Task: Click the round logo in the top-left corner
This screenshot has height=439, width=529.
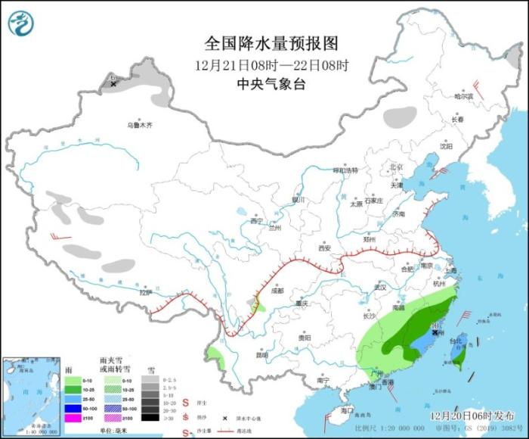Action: point(22,23)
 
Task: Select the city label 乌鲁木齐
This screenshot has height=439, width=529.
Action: point(140,124)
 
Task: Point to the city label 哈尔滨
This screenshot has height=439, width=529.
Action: point(462,97)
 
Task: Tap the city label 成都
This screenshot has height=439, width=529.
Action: point(276,291)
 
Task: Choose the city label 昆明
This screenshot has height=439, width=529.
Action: point(261,353)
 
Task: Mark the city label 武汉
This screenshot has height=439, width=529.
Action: point(379,288)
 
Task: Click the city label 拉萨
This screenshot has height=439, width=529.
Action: point(146,291)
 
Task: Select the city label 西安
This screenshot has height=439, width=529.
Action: point(325,248)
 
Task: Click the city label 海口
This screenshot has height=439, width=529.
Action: point(347,409)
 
